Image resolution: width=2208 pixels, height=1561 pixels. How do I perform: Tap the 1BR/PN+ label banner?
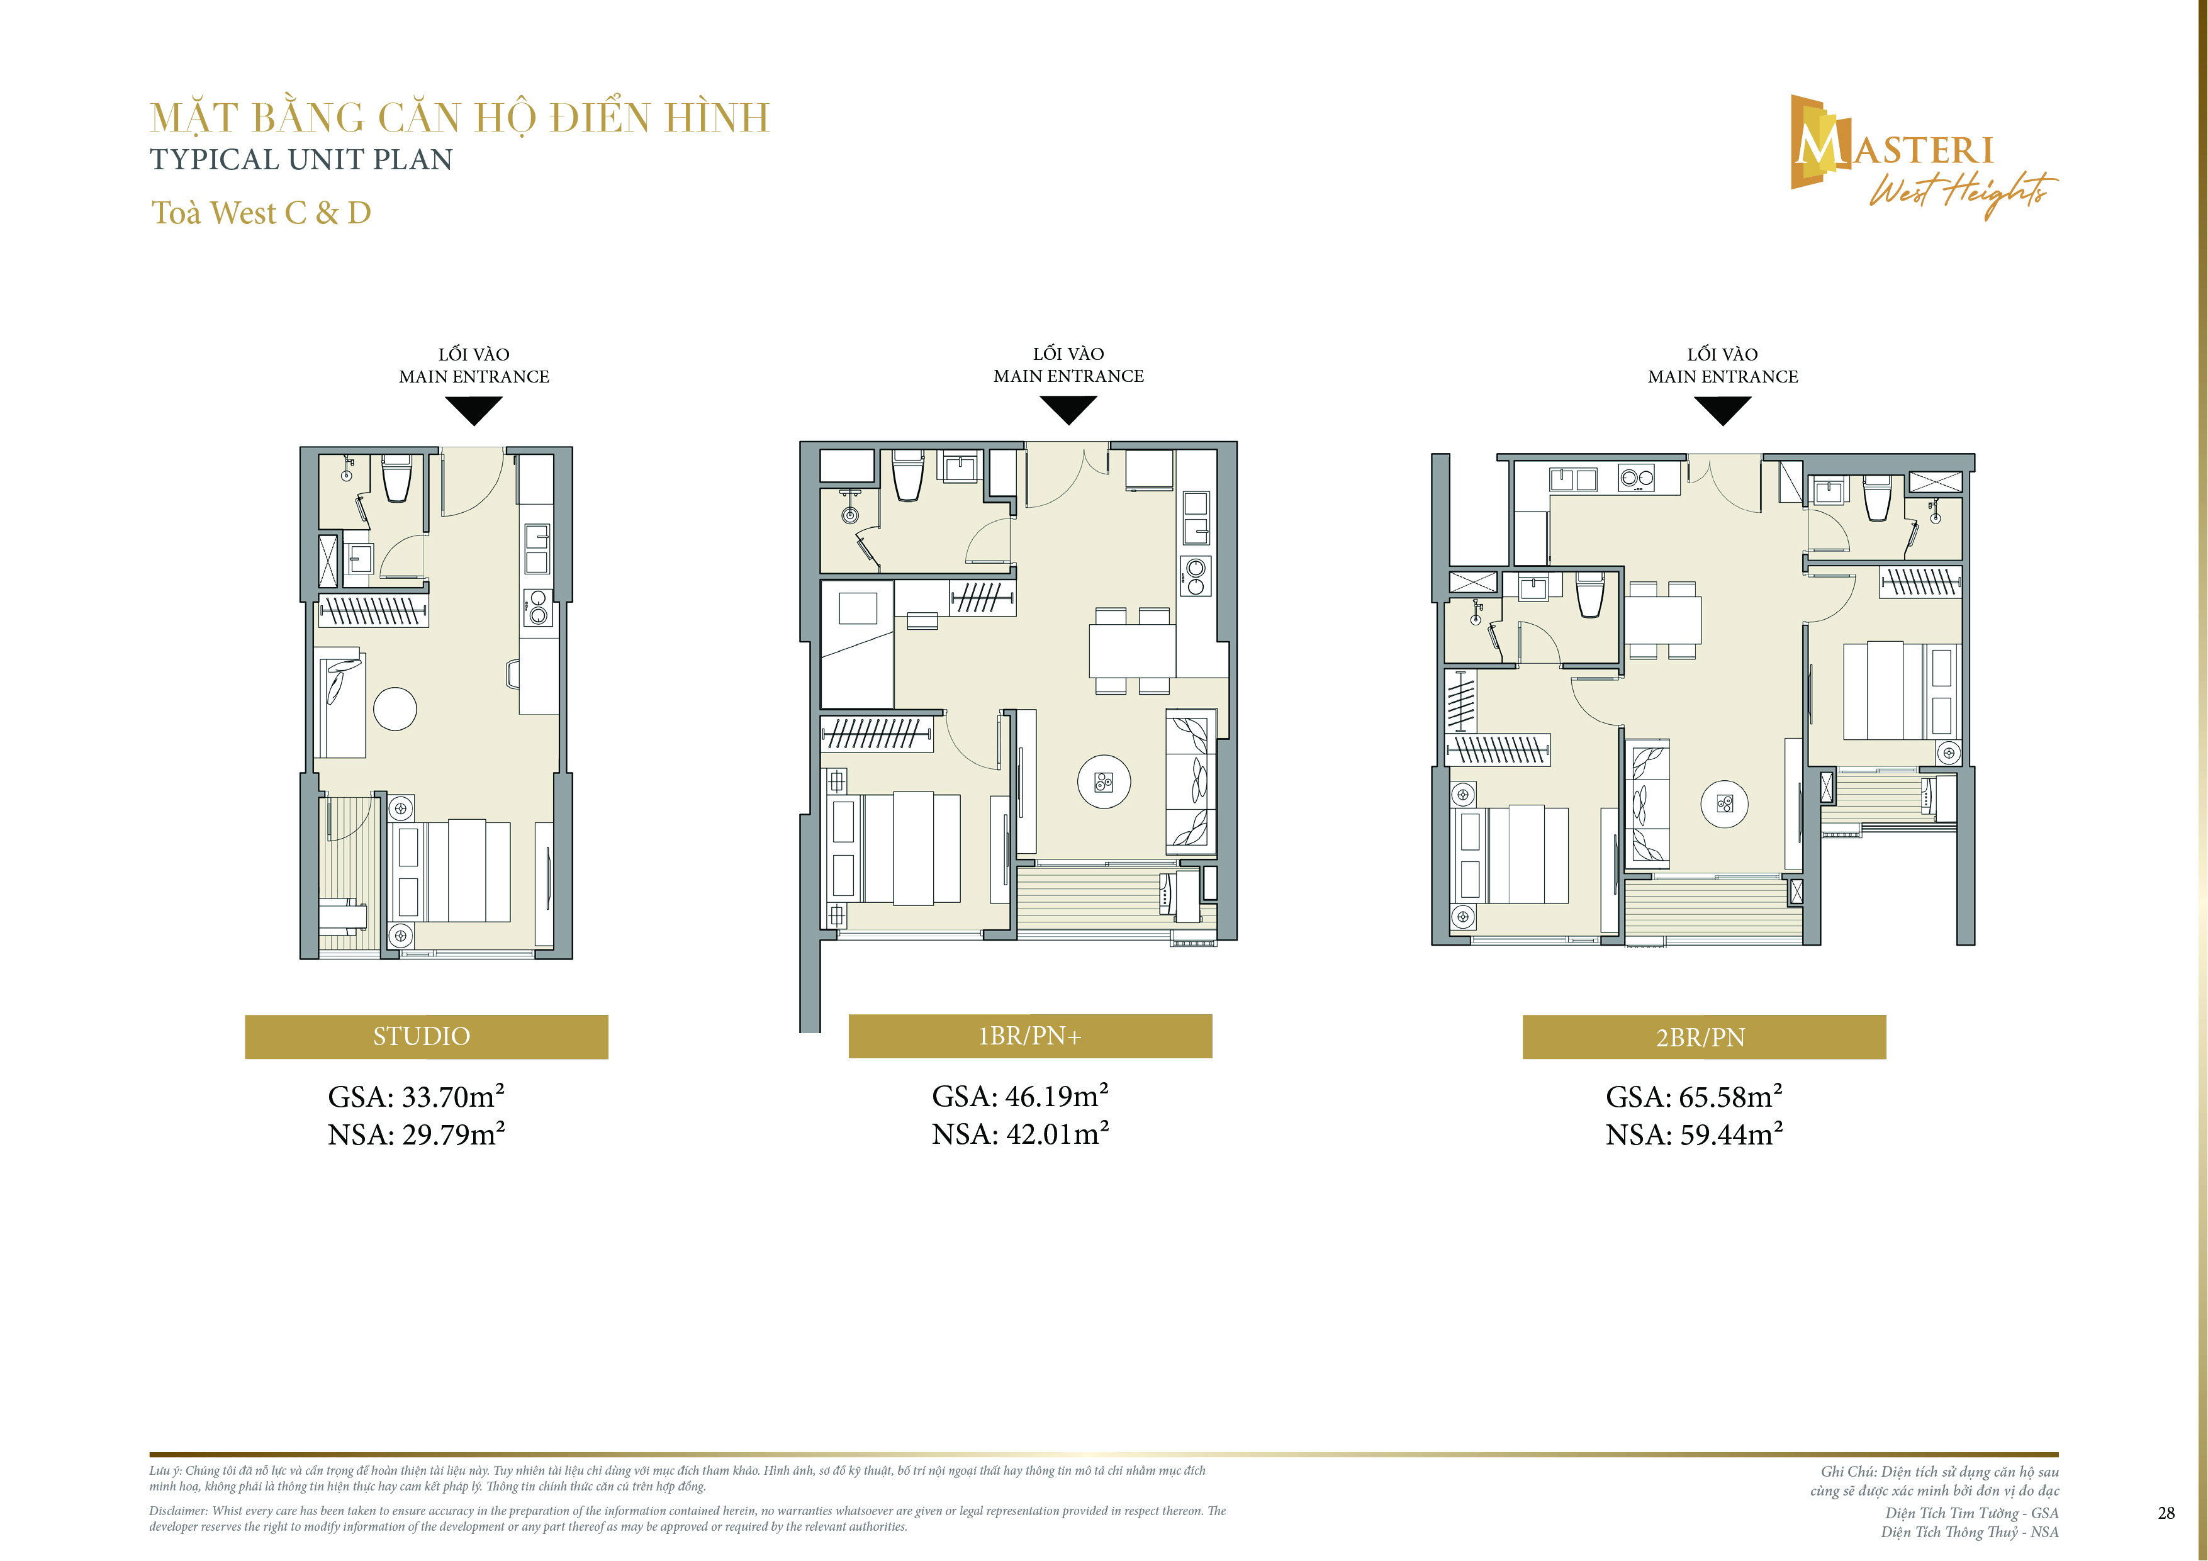point(1030,1036)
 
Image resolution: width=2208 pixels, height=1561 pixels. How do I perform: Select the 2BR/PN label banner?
point(1704,1037)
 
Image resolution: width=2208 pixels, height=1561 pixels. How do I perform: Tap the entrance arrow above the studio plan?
point(474,409)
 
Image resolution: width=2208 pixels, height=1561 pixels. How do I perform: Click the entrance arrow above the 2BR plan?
point(1722,409)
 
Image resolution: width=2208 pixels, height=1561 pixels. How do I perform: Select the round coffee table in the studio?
point(395,710)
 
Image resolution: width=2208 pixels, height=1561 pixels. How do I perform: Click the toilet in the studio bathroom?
point(397,478)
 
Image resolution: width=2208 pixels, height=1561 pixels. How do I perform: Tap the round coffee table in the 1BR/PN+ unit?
point(1104,781)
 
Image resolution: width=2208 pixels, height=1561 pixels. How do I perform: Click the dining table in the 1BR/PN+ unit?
point(1132,651)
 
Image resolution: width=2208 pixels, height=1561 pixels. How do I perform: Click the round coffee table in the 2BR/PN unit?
point(1724,804)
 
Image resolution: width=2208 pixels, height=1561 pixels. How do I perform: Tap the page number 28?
point(2166,1513)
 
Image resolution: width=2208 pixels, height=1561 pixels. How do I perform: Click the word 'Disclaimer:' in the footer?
point(178,1511)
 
